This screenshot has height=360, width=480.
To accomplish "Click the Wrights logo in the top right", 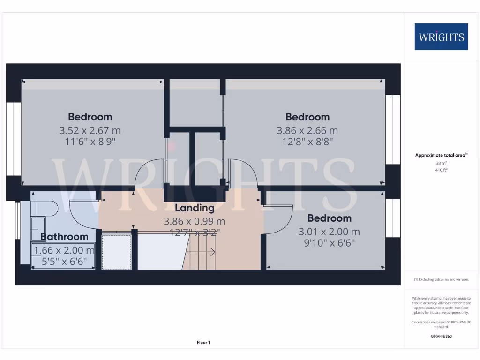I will pos(441,37).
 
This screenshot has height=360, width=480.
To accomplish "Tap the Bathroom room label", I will pos(64,237).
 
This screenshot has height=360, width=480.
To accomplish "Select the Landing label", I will pos(195,208).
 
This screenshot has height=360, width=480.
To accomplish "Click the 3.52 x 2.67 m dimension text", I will pos(90,130).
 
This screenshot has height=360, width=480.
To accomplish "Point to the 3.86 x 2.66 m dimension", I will pos(307,130).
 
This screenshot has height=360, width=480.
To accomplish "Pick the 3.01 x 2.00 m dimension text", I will pos(329,232).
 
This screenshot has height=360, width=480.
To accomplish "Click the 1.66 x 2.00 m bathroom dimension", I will pos(64,250).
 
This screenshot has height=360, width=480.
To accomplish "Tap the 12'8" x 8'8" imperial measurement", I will pos(307,141).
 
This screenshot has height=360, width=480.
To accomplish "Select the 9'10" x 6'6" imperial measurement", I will pos(329,243).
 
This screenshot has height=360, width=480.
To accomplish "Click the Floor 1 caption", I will pos(203,343).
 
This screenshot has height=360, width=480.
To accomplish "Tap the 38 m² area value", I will pos(441,163).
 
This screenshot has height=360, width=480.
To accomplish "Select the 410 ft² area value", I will pos(441,170).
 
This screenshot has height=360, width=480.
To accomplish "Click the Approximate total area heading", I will pos(441,155).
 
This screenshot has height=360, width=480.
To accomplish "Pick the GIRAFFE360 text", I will pos(441,336).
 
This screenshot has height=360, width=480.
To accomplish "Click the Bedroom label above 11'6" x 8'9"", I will pos(90,117).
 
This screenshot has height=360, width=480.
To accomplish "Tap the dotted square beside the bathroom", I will pos(117,252).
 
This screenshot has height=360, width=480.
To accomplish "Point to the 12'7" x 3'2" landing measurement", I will pos(195,232).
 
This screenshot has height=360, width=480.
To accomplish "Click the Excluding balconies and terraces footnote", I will pos(441,279).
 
